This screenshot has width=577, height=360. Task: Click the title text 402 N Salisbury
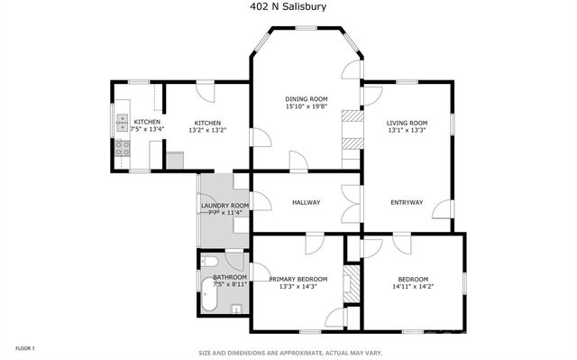[288, 6]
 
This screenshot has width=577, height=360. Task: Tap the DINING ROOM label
[306, 99]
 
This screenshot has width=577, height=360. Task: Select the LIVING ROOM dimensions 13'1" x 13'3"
[406, 130]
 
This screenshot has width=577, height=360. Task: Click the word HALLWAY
[306, 202]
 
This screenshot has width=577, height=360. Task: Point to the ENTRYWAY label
[406, 202]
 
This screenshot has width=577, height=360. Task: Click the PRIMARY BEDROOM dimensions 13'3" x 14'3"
[298, 288]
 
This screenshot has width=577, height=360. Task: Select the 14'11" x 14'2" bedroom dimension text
[413, 288]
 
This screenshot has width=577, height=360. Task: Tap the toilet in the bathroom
[208, 263]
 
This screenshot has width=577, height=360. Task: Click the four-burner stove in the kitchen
[121, 151]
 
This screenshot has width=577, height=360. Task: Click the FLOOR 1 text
[25, 347]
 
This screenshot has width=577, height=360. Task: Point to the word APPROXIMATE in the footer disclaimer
[305, 353]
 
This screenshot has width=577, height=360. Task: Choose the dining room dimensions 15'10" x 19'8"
[306, 106]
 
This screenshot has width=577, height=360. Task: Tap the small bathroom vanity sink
[237, 309]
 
